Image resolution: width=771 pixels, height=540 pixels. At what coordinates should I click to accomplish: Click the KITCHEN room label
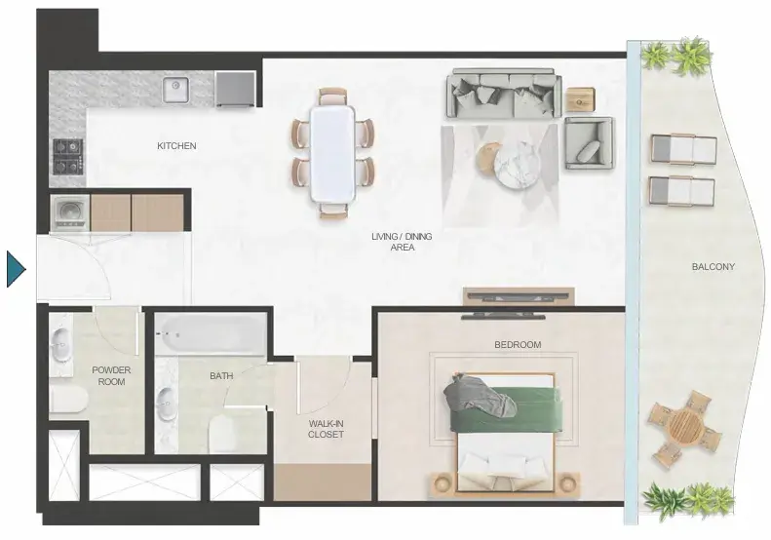click(176, 146)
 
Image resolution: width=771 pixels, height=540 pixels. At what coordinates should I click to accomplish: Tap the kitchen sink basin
click(176, 91)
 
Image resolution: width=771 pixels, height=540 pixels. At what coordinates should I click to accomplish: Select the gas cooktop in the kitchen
click(68, 156)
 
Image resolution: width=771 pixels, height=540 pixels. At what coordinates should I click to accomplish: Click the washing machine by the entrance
click(70, 212)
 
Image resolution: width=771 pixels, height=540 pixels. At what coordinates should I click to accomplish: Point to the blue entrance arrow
click(16, 269)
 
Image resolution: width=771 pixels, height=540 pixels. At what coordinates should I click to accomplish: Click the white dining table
click(332, 153)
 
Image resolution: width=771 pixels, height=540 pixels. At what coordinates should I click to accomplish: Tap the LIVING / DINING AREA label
click(402, 242)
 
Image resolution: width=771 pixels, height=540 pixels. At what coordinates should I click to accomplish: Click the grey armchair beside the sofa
click(589, 143)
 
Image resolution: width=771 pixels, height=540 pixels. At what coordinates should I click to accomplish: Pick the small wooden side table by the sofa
click(580, 99)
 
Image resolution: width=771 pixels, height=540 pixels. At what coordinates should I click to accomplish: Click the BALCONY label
click(713, 267)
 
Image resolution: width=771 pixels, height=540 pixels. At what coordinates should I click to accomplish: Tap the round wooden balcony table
click(684, 425)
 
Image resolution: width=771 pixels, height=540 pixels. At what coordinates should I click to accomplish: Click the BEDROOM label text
click(518, 345)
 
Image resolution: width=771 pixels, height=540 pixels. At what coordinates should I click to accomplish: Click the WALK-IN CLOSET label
click(326, 429)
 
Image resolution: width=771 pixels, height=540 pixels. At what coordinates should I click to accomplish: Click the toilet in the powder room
click(68, 399)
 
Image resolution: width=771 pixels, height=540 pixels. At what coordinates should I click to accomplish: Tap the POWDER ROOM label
click(112, 375)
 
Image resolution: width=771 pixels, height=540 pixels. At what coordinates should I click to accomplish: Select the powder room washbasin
click(60, 344)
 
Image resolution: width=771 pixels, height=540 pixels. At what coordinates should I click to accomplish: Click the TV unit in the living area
click(519, 296)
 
